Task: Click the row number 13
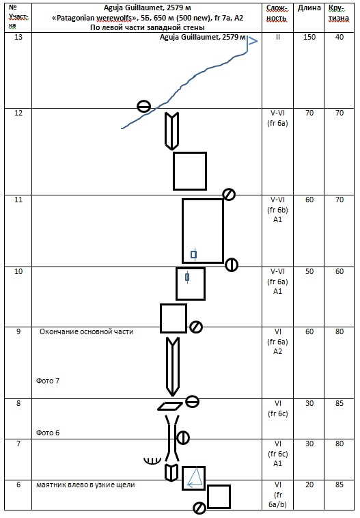tap(18, 37)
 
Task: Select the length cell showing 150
tap(309, 37)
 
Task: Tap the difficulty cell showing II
tap(278, 37)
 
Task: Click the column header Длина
tap(309, 8)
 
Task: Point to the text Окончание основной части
tap(87, 331)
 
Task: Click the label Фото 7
tap(48, 381)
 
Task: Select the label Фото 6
tap(48, 433)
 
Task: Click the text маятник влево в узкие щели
tap(85, 485)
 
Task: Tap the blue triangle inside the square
tap(195, 478)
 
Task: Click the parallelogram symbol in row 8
tap(170, 406)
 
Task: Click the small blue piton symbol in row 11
tap(194, 254)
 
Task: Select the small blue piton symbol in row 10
tap(187, 277)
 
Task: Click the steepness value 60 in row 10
tap(340, 271)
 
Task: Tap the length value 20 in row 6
tap(309, 485)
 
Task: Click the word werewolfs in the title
tap(113, 18)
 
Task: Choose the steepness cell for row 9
tap(340, 331)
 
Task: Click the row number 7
tap(18, 444)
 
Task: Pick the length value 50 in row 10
tap(309, 271)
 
